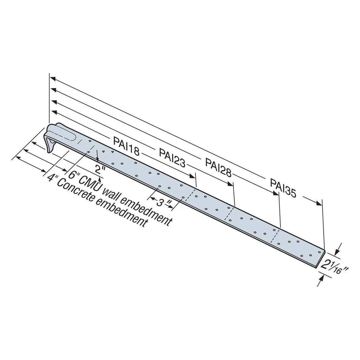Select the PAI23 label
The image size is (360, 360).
(x=172, y=157)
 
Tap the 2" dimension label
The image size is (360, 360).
(x=98, y=169)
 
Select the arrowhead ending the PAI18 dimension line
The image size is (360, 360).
(x=193, y=176)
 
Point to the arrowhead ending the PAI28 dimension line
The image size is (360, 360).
(x=276, y=193)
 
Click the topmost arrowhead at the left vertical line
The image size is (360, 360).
(x=53, y=79)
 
